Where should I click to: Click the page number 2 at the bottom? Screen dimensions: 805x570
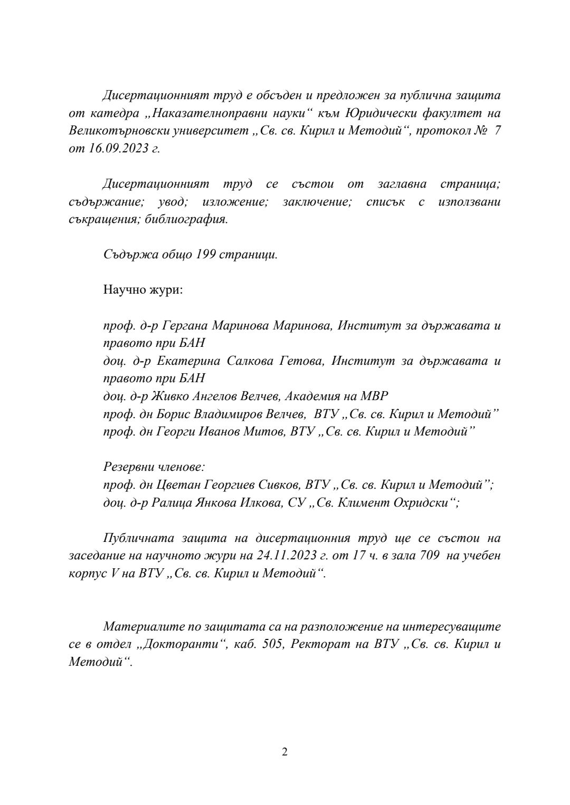click(x=285, y=752)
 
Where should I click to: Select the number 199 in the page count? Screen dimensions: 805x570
click(x=205, y=255)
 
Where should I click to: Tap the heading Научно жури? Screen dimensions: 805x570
click(x=143, y=290)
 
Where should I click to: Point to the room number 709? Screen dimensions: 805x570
click(x=428, y=556)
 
